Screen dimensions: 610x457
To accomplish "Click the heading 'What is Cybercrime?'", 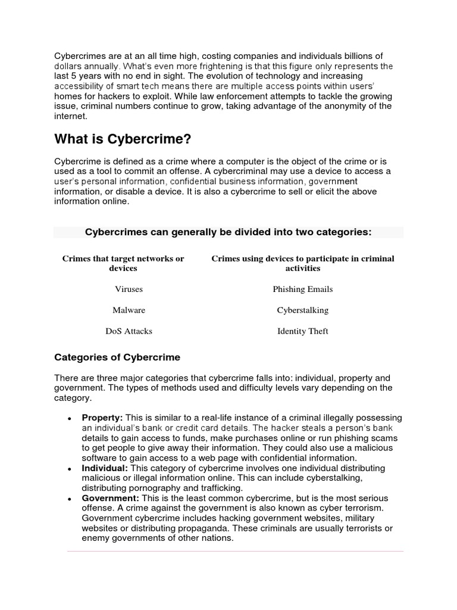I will [x=124, y=139].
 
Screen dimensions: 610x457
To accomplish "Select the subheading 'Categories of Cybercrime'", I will [x=117, y=357].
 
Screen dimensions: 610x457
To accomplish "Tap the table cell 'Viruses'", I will [x=129, y=289].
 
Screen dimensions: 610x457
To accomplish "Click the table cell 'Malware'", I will [x=129, y=310].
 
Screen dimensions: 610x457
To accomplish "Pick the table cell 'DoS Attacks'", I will [x=129, y=331].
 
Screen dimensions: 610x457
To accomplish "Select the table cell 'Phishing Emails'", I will [x=303, y=289].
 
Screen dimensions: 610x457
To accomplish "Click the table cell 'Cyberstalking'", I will [x=303, y=310].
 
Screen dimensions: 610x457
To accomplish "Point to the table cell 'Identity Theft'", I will [x=303, y=331].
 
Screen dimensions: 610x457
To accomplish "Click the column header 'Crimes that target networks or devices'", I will [x=123, y=263].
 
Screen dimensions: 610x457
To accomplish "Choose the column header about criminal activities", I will [x=303, y=263].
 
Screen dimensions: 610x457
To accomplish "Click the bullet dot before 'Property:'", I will [x=70, y=419].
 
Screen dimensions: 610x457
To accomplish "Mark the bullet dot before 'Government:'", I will [x=70, y=499].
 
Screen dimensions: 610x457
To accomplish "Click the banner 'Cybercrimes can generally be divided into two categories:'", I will [x=228, y=232].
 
